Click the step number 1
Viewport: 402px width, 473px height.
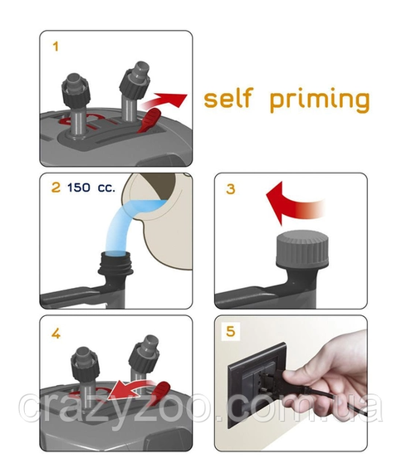tap(56, 46)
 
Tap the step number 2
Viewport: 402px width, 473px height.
tap(56, 188)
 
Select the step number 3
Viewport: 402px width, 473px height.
tap(230, 189)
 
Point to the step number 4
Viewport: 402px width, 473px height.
tap(56, 334)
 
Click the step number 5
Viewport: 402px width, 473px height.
tap(230, 331)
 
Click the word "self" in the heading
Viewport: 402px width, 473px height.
tap(228, 98)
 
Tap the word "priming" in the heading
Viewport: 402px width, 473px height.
tap(320, 100)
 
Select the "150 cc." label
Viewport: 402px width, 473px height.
tap(91, 188)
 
